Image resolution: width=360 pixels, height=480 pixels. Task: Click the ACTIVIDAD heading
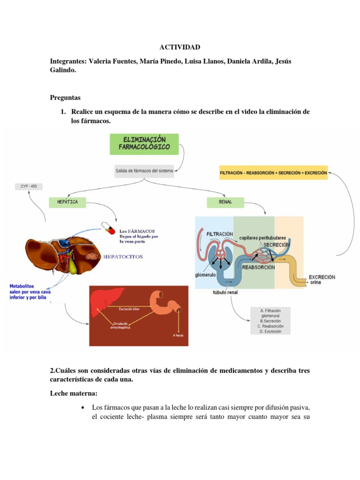[180, 47]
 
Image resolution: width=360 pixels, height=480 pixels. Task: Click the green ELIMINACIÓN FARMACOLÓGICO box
[144, 144]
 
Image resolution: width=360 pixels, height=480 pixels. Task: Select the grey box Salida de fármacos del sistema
[144, 171]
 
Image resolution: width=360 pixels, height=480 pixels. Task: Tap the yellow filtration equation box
[273, 172]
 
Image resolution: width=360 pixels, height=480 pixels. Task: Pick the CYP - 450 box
[29, 187]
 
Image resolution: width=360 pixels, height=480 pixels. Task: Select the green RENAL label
[225, 202]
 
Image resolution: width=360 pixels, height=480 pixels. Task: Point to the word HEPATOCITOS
[123, 257]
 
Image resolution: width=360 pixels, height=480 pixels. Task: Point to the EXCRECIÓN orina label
[322, 279]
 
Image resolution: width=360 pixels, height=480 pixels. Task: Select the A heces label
[178, 335]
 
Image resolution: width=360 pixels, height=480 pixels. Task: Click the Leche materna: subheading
[74, 393]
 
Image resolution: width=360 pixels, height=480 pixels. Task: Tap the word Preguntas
[65, 97]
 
